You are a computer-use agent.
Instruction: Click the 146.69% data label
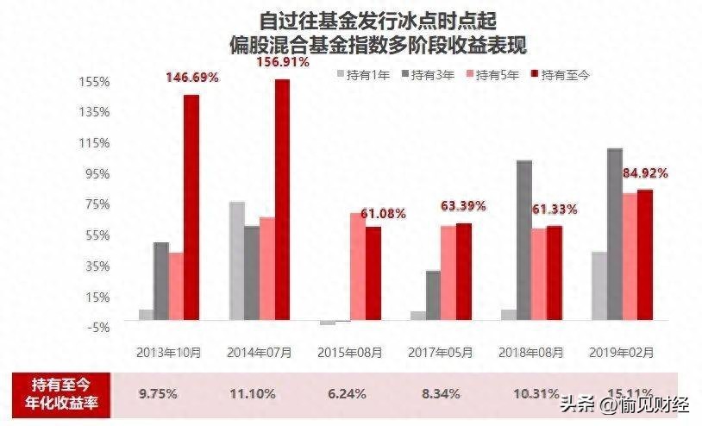[192, 78]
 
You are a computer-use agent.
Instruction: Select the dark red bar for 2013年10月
[191, 207]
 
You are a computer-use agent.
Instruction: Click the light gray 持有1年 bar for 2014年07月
[236, 260]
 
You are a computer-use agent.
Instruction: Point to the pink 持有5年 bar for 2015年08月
[357, 266]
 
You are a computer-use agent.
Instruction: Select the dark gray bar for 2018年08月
[523, 241]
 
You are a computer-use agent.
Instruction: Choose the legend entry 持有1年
[363, 76]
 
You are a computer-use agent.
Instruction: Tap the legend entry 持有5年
[492, 76]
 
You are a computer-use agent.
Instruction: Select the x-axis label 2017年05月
[441, 353]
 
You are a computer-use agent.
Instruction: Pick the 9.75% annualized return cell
[158, 394]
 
